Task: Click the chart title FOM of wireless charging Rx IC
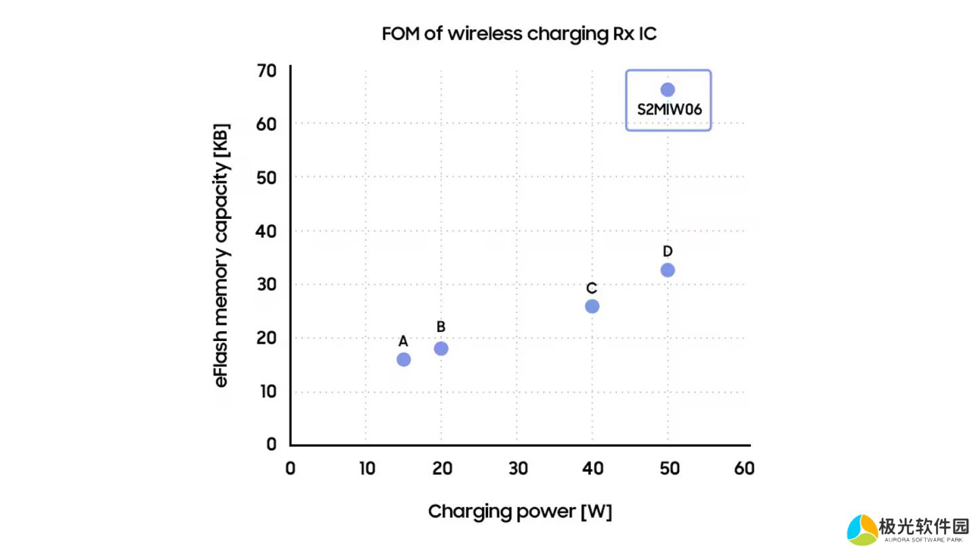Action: pyautogui.click(x=518, y=34)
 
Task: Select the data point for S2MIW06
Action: pyautogui.click(x=668, y=89)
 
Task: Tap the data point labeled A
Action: pyautogui.click(x=403, y=359)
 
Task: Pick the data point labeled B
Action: pyautogui.click(x=441, y=348)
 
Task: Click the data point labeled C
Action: pyautogui.click(x=592, y=306)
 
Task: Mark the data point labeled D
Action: pyautogui.click(x=668, y=270)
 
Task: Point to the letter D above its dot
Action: pyautogui.click(x=668, y=252)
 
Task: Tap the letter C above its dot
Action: pyautogui.click(x=592, y=288)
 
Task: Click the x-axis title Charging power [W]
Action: pyautogui.click(x=520, y=512)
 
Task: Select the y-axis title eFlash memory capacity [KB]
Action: pyautogui.click(x=222, y=256)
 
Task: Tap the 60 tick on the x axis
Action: pyautogui.click(x=744, y=468)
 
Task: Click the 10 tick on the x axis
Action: pyautogui.click(x=366, y=468)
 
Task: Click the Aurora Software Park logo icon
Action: pyautogui.click(x=862, y=529)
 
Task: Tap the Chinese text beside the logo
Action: pyautogui.click(x=924, y=526)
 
